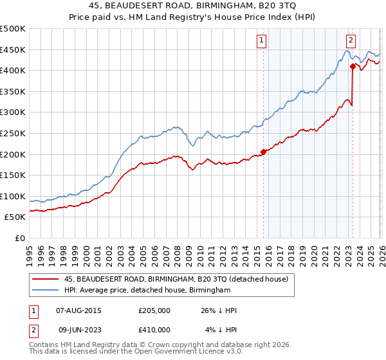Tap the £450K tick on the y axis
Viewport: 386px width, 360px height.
13,50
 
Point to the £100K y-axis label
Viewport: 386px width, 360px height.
13,196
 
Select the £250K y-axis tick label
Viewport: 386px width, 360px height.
13,133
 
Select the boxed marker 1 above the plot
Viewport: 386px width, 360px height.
262,40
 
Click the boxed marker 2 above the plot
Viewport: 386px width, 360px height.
351,40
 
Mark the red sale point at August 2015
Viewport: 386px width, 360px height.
263,152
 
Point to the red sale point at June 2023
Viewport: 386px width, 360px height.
353,66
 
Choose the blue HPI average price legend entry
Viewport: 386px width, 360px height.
147,291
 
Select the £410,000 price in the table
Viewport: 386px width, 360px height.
154,330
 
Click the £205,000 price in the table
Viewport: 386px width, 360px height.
154,310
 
